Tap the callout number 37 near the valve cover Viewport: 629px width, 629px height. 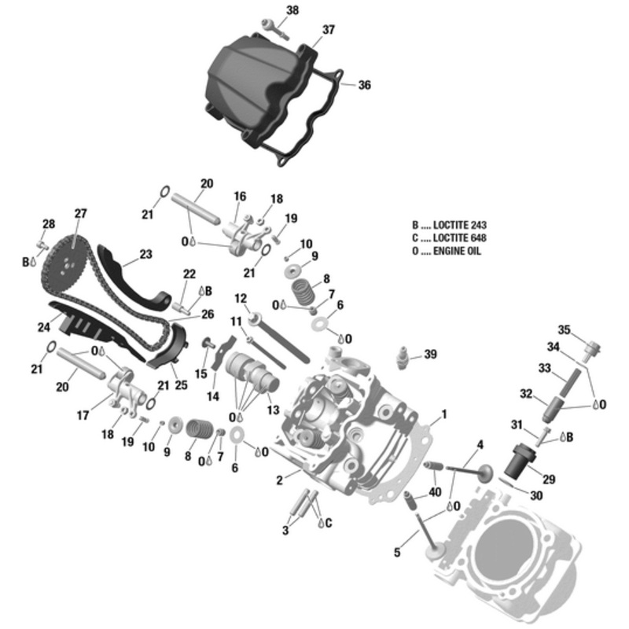click(x=328, y=30)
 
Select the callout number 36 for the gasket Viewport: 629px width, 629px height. click(x=364, y=85)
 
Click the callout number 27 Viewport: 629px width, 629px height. click(x=80, y=213)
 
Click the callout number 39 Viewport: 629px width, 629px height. click(x=429, y=355)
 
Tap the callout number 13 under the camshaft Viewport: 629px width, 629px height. click(x=273, y=410)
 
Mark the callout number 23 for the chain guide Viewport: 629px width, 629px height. click(x=145, y=254)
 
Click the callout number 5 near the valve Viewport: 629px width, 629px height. click(x=397, y=553)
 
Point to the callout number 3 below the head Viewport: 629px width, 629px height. click(x=285, y=531)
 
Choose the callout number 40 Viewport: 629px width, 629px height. click(x=435, y=493)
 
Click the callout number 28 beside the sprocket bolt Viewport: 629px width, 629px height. click(x=49, y=225)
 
